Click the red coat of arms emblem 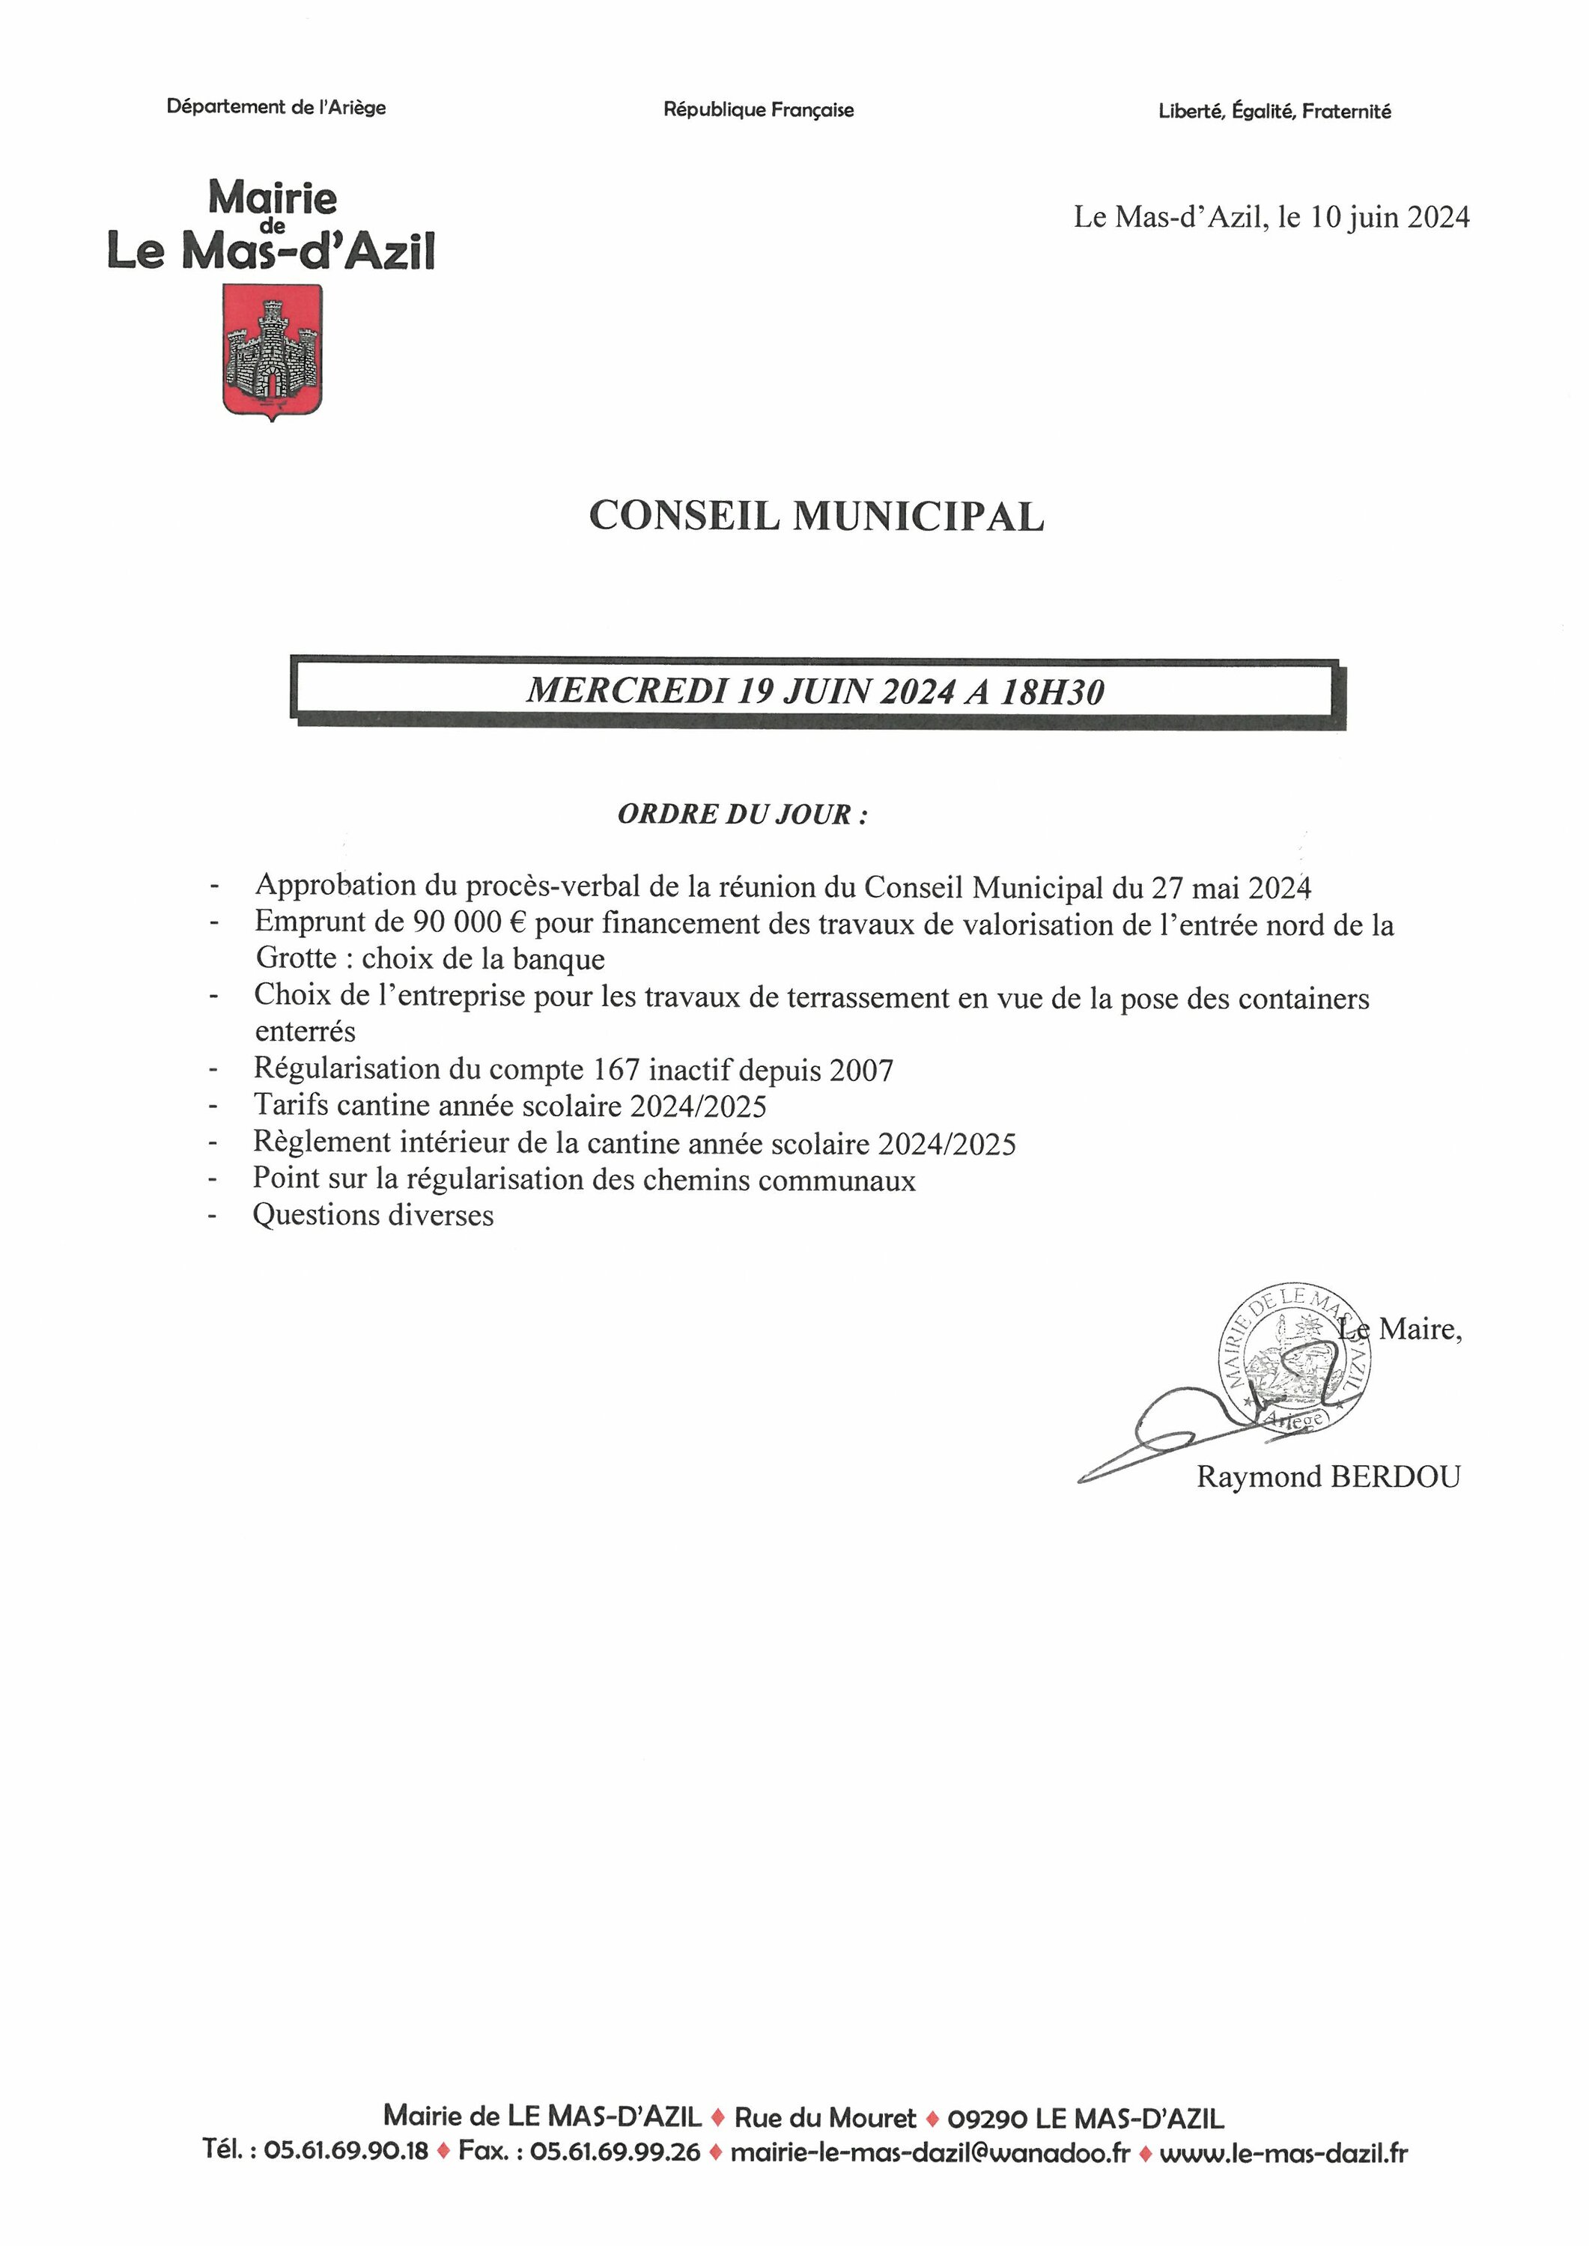tap(272, 350)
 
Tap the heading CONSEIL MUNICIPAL tap(816, 517)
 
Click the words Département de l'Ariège tap(276, 106)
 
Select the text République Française tap(759, 109)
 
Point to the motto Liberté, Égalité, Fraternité tap(1274, 112)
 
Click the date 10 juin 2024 tap(1389, 217)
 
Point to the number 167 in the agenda tap(616, 1069)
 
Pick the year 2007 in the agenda tap(861, 1070)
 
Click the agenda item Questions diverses tap(373, 1215)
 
